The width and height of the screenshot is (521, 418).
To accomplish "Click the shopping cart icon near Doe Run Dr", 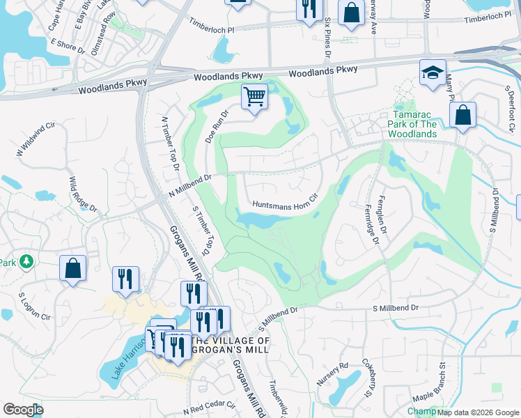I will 255,97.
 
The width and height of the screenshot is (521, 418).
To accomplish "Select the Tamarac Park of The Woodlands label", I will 414,124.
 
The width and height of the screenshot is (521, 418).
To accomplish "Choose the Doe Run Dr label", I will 217,126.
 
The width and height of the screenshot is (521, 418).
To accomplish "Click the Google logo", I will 23,410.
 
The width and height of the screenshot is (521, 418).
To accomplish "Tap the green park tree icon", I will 26,261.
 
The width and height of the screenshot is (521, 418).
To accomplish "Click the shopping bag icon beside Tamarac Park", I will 462,116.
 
